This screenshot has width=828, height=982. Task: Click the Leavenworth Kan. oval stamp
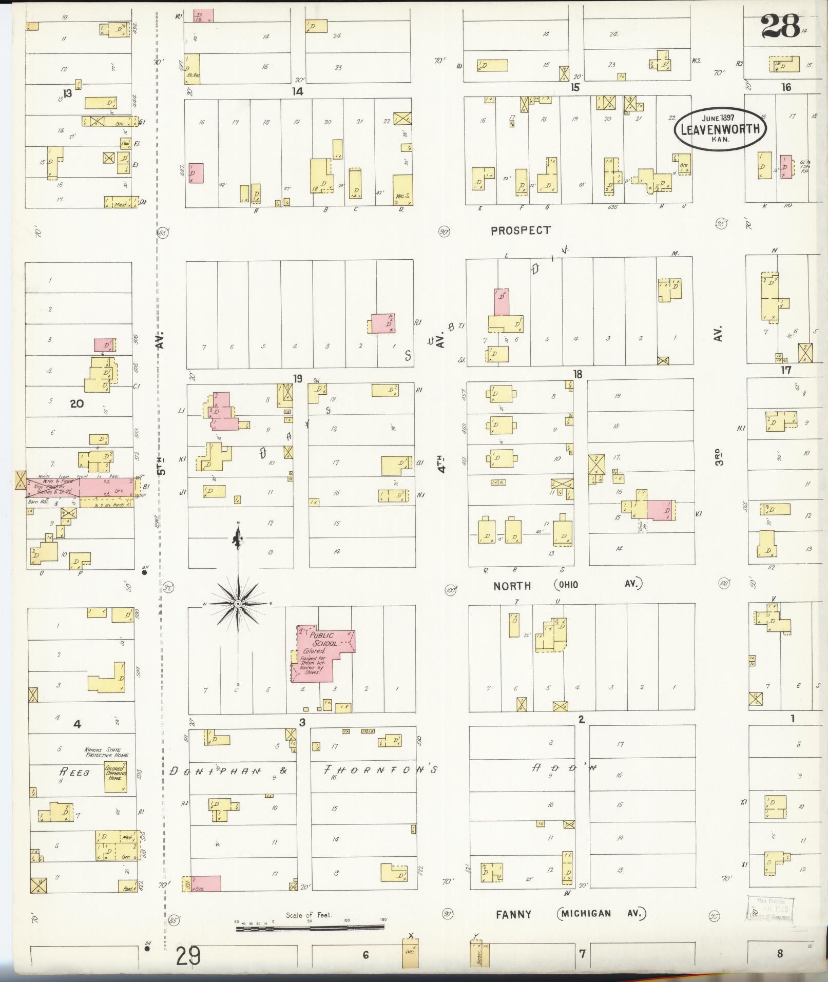pos(720,128)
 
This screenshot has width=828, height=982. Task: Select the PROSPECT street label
pos(521,230)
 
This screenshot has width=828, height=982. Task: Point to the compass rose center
pos(238,604)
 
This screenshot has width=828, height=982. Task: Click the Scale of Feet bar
pos(310,927)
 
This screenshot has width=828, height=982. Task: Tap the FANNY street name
pos(513,914)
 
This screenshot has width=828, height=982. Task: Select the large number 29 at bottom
pos(188,956)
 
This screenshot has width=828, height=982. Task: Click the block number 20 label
pos(76,403)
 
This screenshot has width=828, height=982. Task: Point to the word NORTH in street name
pos(512,586)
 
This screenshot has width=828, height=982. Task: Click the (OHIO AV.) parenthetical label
pos(598,584)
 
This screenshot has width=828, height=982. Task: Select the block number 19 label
pos(298,379)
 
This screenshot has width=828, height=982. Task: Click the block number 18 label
pos(578,374)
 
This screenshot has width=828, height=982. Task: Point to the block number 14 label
pos(297,91)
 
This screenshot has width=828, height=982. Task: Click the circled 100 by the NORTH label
pos(451,589)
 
